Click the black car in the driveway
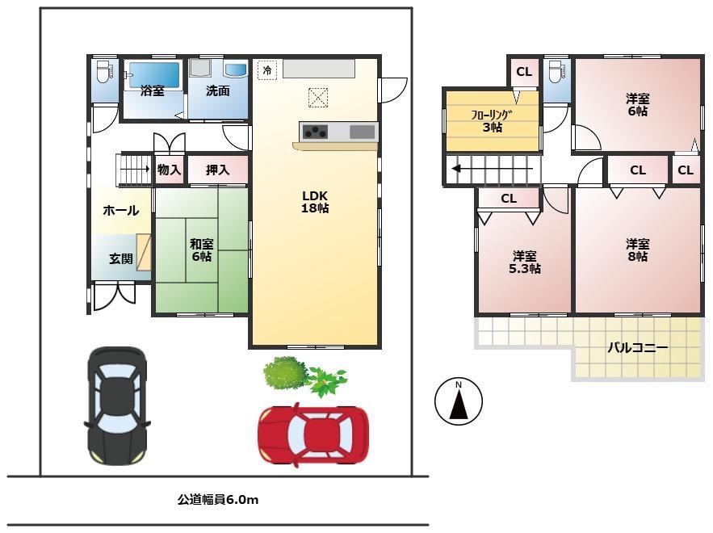pyautogui.click(x=117, y=405)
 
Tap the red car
pyautogui.click(x=313, y=435)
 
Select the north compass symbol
pyautogui.click(x=459, y=401)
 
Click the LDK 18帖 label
pyautogui.click(x=315, y=202)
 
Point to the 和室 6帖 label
pyautogui.click(x=201, y=250)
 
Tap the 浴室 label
pyautogui.click(x=153, y=90)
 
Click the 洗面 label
pyautogui.click(x=218, y=90)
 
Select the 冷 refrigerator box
pyautogui.click(x=267, y=70)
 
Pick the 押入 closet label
pyautogui.click(x=217, y=170)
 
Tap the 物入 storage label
pyautogui.click(x=169, y=170)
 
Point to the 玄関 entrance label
pyautogui.click(x=121, y=258)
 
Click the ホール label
pyautogui.click(x=120, y=210)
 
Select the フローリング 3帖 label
pyautogui.click(x=492, y=121)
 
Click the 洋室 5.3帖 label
pyautogui.click(x=525, y=262)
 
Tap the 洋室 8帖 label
pyautogui.click(x=638, y=250)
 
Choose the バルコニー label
pyautogui.click(x=638, y=348)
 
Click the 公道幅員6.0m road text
pyautogui.click(x=218, y=500)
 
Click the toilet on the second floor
pyautogui.click(x=556, y=71)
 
